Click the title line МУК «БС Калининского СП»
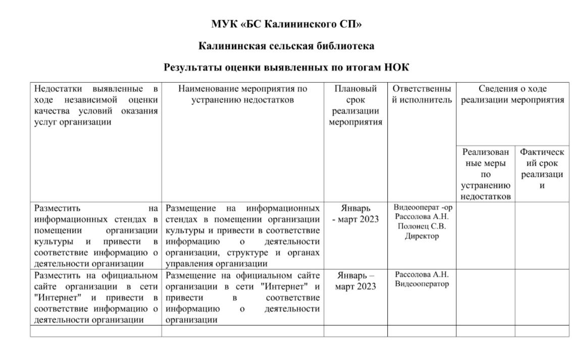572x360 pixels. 286,24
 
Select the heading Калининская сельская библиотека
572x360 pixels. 286,46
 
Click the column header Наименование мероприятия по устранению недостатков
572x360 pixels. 242,94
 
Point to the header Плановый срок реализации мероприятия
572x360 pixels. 355,106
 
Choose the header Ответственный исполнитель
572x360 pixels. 422,94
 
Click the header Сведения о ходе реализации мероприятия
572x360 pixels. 512,94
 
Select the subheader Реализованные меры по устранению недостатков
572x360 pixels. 486,174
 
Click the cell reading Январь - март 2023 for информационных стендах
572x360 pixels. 355,214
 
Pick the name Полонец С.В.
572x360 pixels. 422,226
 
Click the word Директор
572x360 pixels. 422,236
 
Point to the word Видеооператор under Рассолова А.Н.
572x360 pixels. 422,284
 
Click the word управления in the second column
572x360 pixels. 186,264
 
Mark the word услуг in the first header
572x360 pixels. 45,122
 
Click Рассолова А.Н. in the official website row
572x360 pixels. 422,275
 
